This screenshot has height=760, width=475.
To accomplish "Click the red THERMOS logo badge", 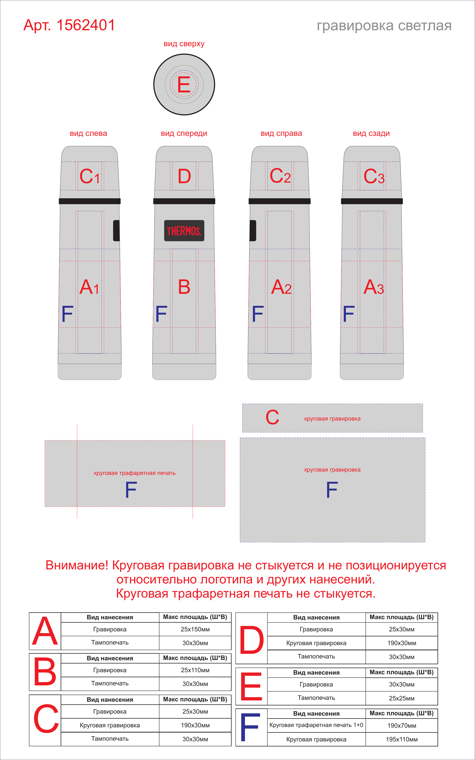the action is pos(184,231).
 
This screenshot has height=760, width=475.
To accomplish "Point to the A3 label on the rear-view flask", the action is pos(374,287).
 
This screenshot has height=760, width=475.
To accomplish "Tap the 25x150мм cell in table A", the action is pos(195,629).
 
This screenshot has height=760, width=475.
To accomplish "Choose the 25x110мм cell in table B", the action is pos(195,670).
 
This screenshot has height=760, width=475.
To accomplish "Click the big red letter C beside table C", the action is pos(46,719).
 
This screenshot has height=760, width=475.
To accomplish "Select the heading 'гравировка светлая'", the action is pos(384,26).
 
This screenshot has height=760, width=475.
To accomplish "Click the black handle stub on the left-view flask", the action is pos(116,231).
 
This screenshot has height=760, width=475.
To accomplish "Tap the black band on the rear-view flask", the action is pos(372,201).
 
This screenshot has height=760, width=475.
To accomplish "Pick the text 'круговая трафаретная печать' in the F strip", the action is pos(135,473).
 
